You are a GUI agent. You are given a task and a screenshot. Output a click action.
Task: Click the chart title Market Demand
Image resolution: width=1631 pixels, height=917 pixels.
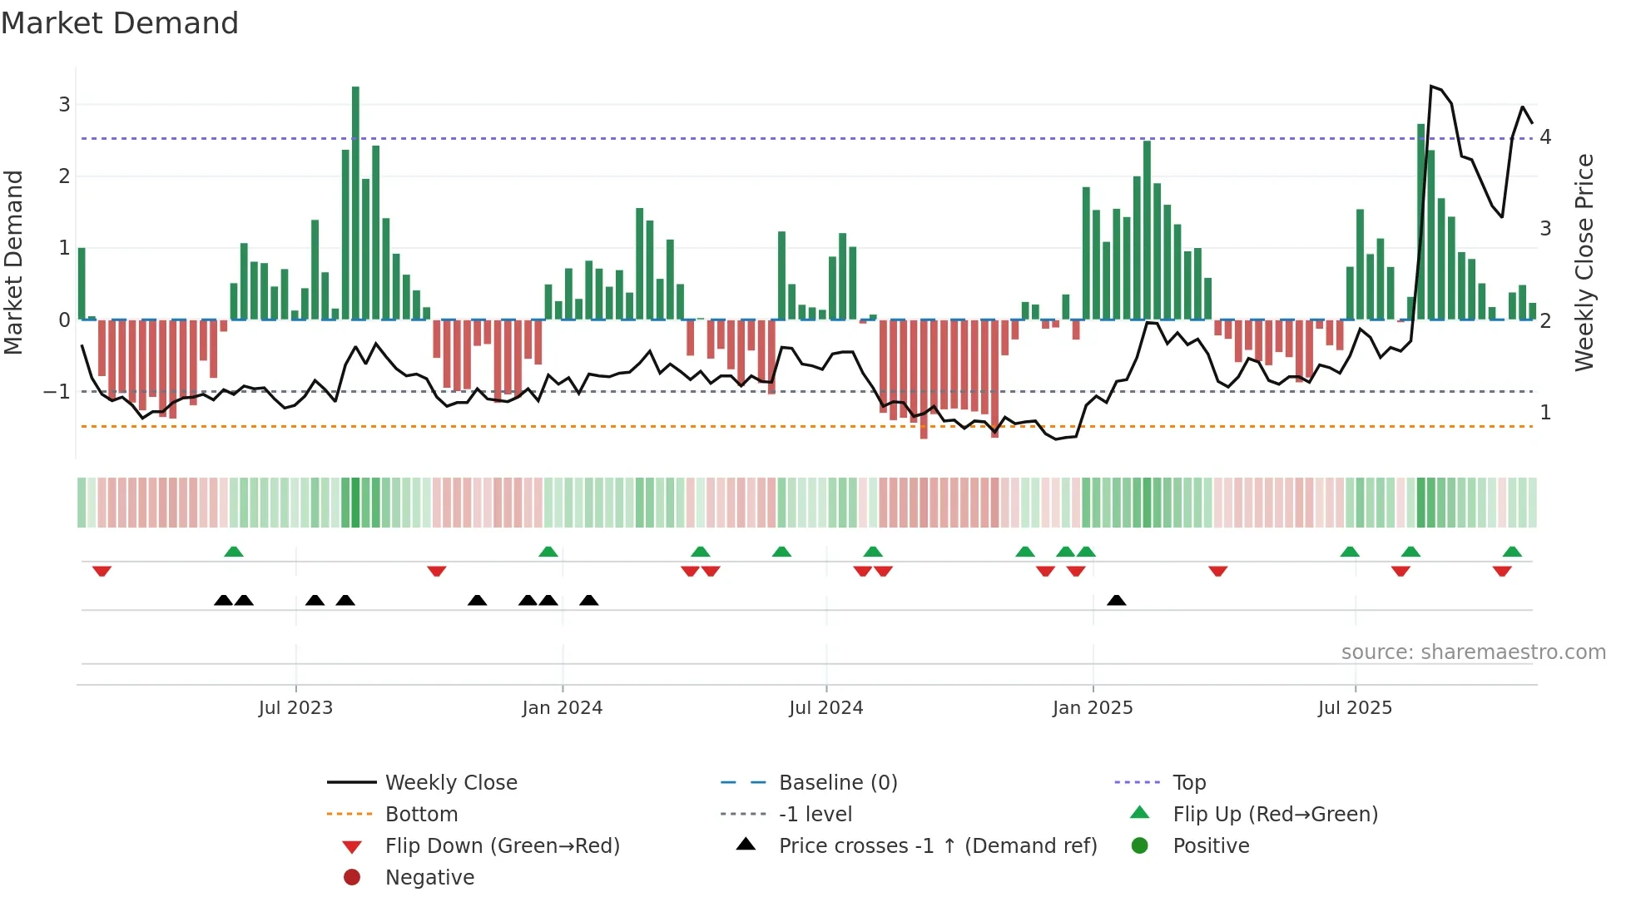click(x=120, y=23)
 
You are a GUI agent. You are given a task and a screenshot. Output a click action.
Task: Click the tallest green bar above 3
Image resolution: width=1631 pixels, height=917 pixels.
click(x=355, y=200)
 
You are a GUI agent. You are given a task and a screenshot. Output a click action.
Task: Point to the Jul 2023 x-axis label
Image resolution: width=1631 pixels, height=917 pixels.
click(x=295, y=708)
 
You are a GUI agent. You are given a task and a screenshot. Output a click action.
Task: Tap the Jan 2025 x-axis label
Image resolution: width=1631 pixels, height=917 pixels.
click(x=1093, y=708)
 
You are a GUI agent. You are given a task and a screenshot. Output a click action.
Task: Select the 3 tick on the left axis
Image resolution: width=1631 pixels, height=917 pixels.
click(x=64, y=105)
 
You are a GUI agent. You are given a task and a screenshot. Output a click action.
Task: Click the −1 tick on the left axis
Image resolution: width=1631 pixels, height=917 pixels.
click(x=57, y=392)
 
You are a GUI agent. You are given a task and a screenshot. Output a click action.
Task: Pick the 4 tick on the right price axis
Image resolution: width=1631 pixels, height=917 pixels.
click(x=1545, y=137)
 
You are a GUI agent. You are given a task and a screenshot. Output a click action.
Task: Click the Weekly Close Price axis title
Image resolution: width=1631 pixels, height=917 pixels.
click(x=1584, y=262)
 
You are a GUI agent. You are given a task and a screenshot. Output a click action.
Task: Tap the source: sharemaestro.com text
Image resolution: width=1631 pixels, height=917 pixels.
click(x=1473, y=652)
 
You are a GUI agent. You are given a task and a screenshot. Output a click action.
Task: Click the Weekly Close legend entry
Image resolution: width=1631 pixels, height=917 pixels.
click(x=450, y=783)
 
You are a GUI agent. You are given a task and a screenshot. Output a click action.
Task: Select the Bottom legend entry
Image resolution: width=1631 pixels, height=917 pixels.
click(x=421, y=815)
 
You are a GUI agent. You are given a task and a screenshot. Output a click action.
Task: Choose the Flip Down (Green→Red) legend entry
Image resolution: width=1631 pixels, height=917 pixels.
click(x=502, y=846)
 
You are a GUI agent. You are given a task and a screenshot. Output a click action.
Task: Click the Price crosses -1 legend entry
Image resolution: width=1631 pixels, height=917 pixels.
click(x=937, y=846)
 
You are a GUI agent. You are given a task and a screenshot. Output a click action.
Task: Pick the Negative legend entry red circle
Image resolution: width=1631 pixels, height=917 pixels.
click(x=352, y=878)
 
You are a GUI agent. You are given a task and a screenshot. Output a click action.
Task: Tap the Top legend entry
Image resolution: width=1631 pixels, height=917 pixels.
click(x=1189, y=783)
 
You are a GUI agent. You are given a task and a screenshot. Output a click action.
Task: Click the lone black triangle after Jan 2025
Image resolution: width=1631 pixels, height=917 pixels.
click(x=1117, y=601)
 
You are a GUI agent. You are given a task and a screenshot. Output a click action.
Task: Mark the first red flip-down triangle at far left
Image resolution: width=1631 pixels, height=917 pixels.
click(x=102, y=571)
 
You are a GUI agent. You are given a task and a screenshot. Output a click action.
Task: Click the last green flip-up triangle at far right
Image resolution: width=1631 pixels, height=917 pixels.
click(x=1512, y=552)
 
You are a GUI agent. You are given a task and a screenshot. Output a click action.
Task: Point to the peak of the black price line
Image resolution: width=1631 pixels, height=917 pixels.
click(x=1431, y=86)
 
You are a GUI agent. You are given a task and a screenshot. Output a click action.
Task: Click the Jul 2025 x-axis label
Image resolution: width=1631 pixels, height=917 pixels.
click(x=1355, y=708)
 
